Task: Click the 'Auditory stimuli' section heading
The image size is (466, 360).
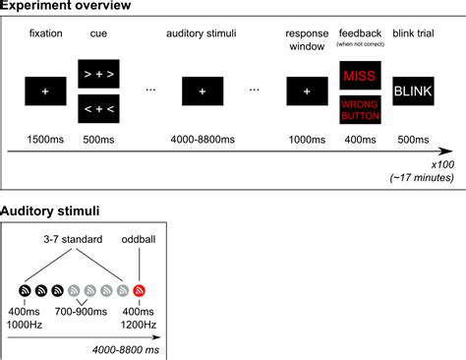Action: coord(48,211)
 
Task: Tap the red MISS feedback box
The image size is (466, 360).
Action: coord(359,75)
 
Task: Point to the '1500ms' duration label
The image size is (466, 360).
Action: coord(46,139)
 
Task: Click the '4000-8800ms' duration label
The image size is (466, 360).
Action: coord(202,139)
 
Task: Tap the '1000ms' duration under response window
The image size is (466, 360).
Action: coord(307,139)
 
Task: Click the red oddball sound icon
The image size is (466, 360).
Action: coord(139,290)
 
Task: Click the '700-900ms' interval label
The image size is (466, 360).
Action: coord(83,311)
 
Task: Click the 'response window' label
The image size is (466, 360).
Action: coord(307,39)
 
